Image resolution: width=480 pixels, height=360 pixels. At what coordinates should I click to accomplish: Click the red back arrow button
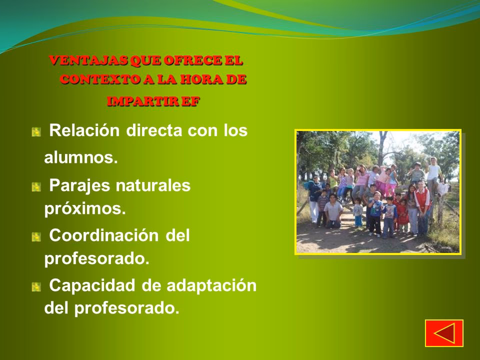tap(444, 333)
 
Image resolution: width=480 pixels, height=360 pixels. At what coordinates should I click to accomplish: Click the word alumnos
tap(81, 157)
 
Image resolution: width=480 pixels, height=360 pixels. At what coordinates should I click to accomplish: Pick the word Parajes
tap(79, 186)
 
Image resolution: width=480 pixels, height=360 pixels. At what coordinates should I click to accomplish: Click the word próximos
tap(85, 209)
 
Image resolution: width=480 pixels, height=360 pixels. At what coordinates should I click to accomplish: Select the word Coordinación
tap(104, 235)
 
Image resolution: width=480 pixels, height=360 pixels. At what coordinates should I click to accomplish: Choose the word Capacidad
tap(92, 285)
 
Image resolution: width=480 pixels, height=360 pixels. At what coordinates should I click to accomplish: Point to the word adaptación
tap(211, 285)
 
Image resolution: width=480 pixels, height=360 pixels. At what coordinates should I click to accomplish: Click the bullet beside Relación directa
tap(36, 132)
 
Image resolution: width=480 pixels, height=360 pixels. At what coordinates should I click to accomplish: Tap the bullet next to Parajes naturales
tap(36, 186)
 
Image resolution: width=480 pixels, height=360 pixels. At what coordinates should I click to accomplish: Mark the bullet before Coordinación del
tap(36, 237)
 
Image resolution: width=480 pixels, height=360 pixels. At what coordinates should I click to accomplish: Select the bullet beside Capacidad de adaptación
tap(36, 287)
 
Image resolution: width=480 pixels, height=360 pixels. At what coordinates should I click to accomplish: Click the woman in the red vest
tap(423, 207)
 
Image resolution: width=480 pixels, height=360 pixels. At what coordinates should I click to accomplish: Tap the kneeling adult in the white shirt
tap(333, 211)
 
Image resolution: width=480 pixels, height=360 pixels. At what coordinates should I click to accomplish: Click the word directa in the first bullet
tap(154, 130)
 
